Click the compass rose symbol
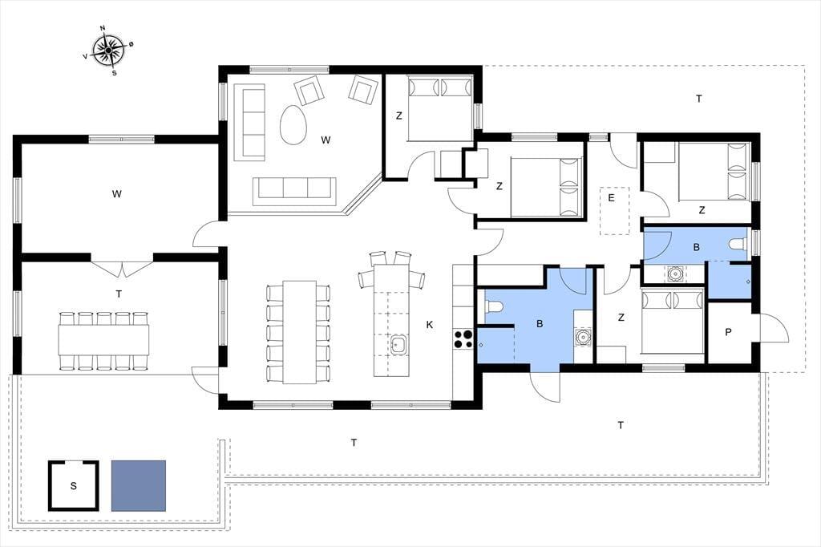point(108,51)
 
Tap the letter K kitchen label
point(430,325)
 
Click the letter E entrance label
point(610,198)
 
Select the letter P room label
point(728,332)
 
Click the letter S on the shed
point(73,486)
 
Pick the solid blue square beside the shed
point(139,486)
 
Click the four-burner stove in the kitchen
point(463,338)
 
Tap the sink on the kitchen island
point(398,345)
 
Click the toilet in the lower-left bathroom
point(494,306)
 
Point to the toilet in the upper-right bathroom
point(738,243)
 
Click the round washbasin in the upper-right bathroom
point(674,273)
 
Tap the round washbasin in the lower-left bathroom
point(582,338)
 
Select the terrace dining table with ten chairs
point(103,341)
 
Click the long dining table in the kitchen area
point(300,332)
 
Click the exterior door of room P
point(773,327)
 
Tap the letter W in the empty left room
point(117,194)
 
